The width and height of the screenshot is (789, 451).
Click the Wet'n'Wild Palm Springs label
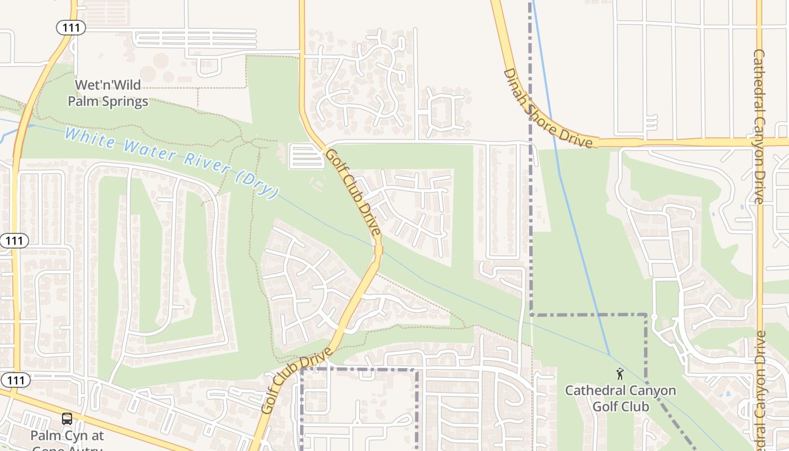point(108,94)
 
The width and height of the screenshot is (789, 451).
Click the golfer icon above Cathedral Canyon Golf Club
point(620,373)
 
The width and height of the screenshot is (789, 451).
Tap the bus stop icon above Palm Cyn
point(67,419)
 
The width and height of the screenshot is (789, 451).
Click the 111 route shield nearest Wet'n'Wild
point(70,28)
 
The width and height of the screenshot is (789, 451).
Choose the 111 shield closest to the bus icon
point(15,381)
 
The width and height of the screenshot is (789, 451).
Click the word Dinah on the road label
point(516,83)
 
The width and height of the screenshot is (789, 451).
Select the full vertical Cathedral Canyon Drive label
point(759,126)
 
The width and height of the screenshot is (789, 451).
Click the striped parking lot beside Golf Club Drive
point(306,156)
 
